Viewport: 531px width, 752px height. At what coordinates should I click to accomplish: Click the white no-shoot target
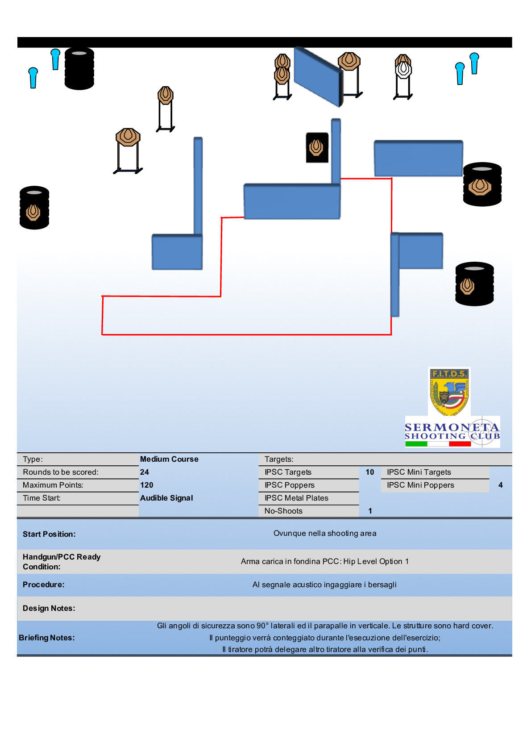tap(403, 70)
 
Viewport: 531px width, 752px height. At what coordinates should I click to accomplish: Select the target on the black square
tap(317, 147)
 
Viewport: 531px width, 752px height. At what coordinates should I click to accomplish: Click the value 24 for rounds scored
tap(145, 472)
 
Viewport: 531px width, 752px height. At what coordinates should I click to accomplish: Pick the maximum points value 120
tap(147, 485)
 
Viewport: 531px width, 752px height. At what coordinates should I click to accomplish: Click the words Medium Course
tap(169, 459)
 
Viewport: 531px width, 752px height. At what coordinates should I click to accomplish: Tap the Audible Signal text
tap(166, 498)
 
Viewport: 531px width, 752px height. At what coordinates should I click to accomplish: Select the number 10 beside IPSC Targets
tap(370, 472)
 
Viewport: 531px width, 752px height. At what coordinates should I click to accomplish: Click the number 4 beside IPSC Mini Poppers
tap(501, 485)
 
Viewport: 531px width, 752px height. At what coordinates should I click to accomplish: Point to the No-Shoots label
tap(283, 511)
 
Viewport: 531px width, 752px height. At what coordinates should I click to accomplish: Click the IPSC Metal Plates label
tap(296, 498)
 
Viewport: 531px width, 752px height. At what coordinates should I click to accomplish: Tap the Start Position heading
tap(49, 534)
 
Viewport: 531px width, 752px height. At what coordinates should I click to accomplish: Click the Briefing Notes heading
tap(47, 638)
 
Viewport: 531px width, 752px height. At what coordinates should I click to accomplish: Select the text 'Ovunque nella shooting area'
tap(325, 533)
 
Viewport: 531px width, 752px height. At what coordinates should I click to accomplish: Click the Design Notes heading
tap(49, 608)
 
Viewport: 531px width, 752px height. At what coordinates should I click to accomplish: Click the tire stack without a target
tap(79, 69)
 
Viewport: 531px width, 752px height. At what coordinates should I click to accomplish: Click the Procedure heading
tap(44, 585)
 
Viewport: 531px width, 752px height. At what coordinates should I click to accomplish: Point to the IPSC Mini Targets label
tap(419, 472)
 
